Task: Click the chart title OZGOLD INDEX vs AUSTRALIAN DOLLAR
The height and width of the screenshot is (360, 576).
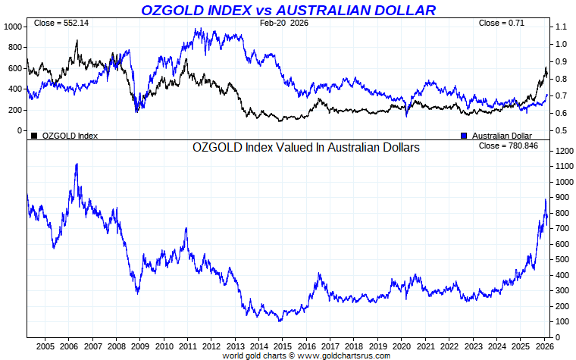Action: (288, 10)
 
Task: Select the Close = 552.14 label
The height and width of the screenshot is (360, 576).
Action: (61, 23)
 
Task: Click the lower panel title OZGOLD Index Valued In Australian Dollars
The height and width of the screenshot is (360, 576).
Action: (306, 149)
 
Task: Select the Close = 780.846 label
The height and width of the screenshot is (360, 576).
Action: (509, 145)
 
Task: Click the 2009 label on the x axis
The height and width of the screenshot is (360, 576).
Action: (139, 346)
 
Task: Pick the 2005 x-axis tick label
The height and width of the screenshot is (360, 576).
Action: (45, 346)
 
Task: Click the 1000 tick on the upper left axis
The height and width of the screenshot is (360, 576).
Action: (13, 27)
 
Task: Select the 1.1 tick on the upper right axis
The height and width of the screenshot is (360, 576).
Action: (561, 27)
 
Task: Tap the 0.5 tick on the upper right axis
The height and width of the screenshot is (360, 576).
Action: (561, 130)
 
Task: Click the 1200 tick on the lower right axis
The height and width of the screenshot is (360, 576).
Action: (563, 152)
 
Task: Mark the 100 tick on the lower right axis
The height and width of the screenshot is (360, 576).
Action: (561, 322)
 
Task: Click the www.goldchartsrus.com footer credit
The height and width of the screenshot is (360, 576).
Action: (345, 355)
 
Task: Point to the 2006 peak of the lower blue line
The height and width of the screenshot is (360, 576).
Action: (76, 164)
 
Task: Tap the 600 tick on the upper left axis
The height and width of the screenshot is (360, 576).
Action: (15, 68)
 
